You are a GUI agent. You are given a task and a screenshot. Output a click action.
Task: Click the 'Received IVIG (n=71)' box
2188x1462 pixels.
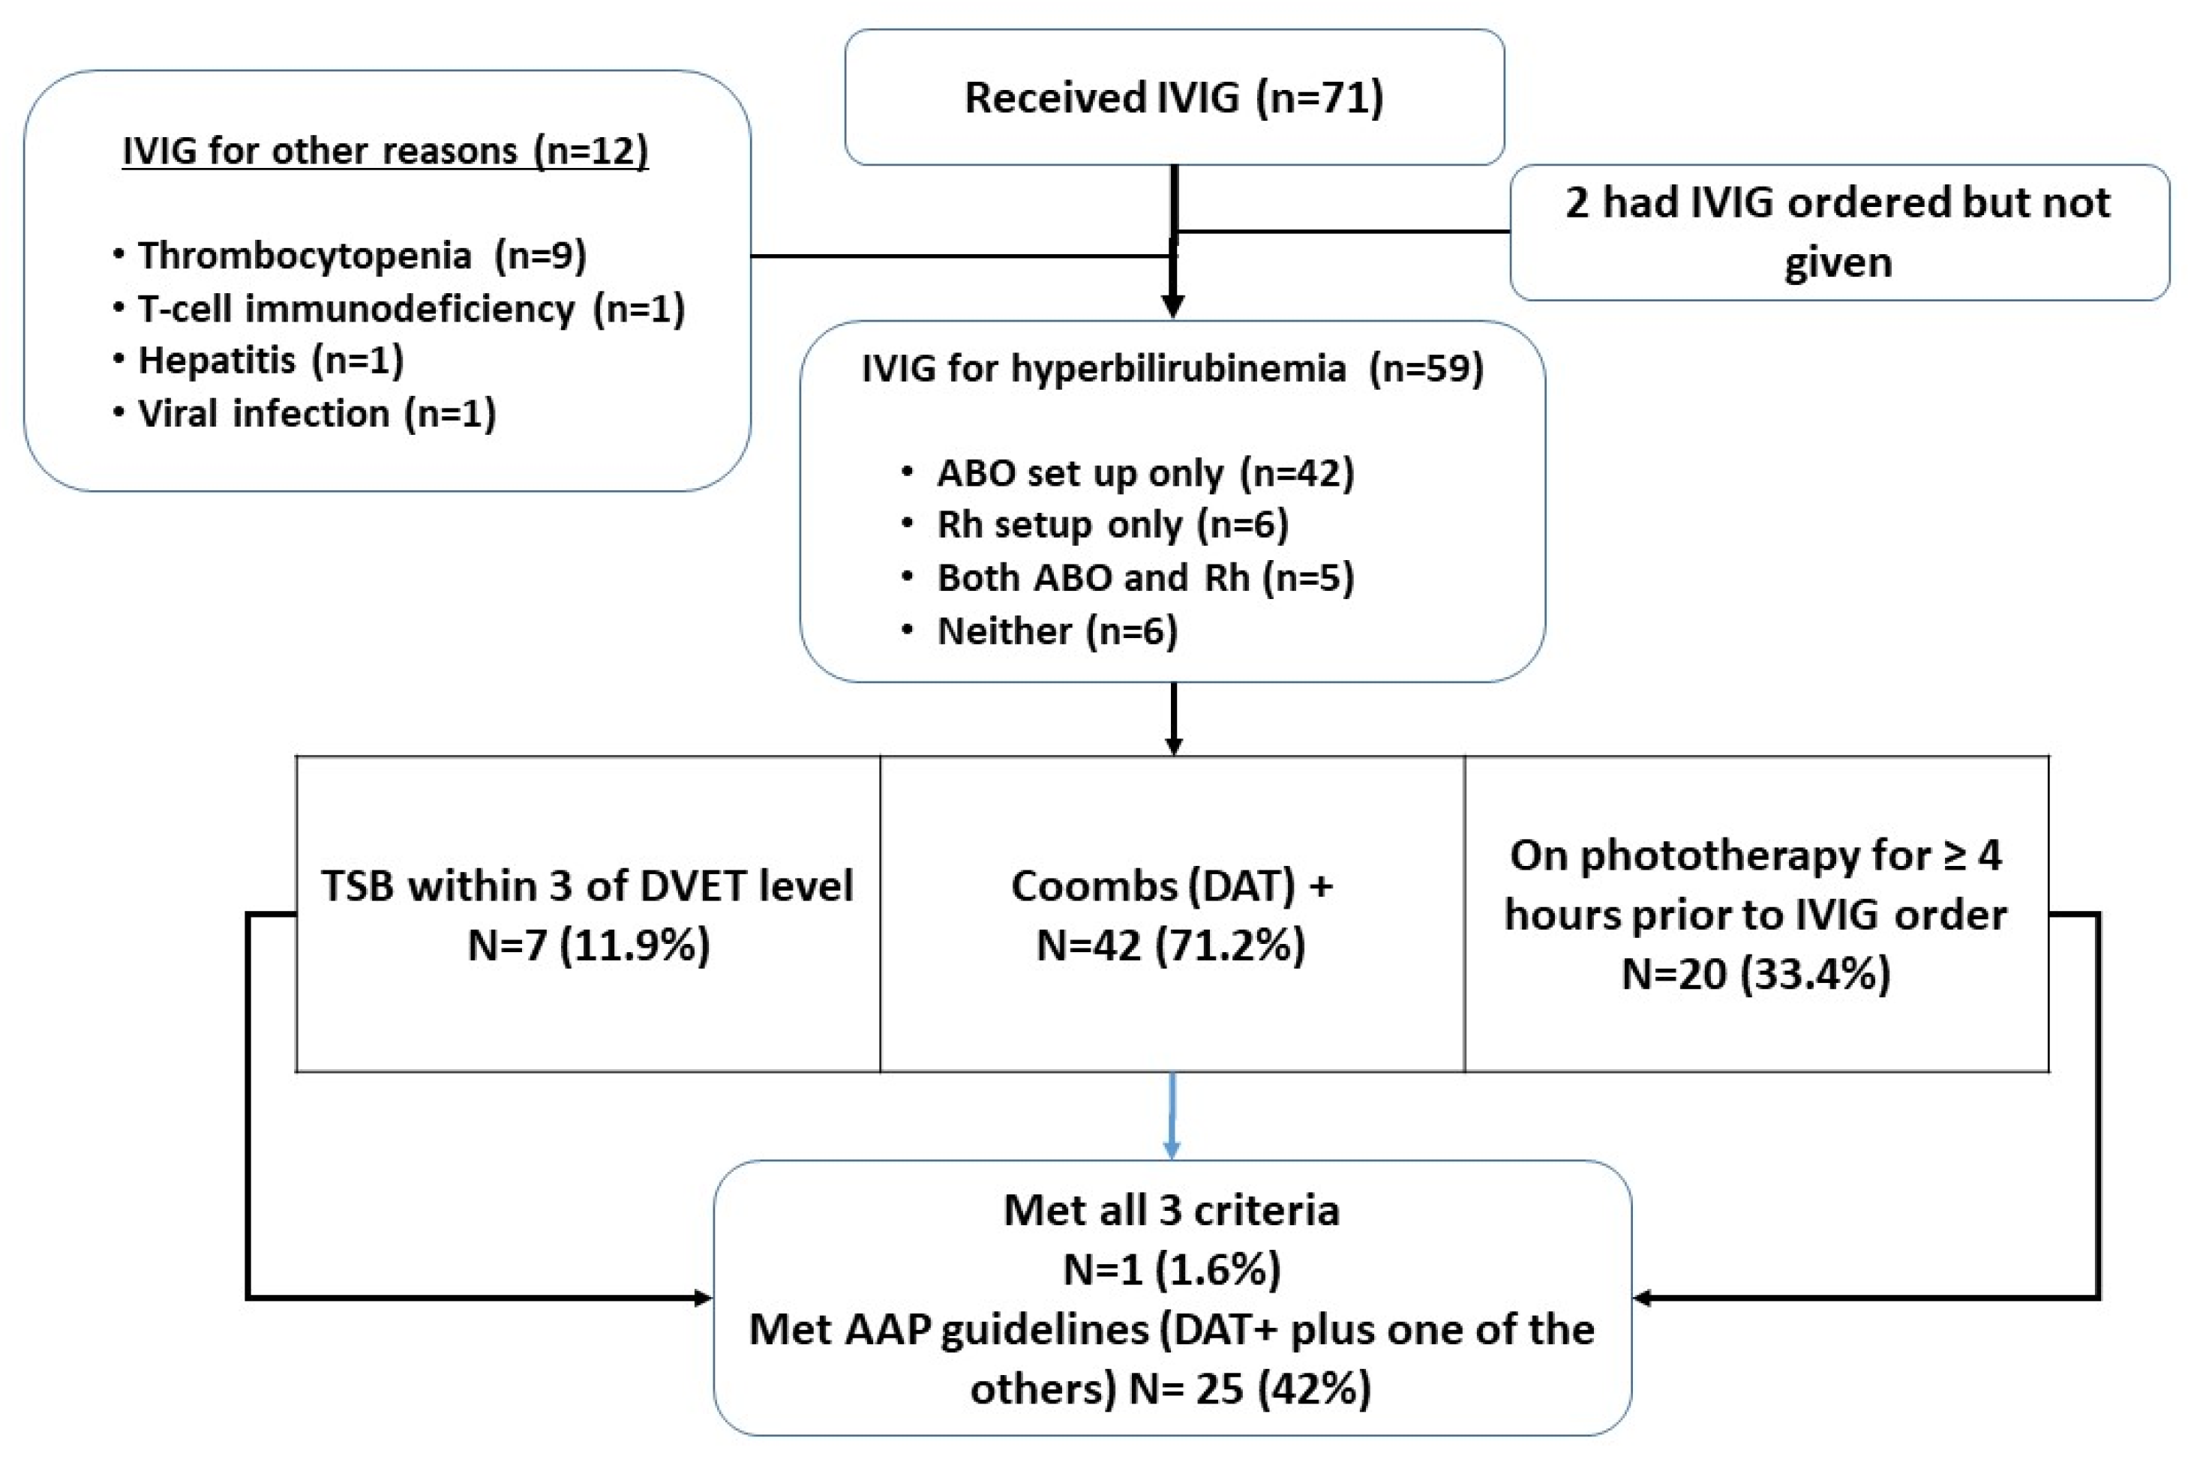click(x=1173, y=97)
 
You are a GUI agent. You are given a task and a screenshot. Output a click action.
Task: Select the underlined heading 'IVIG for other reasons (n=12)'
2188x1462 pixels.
click(x=386, y=150)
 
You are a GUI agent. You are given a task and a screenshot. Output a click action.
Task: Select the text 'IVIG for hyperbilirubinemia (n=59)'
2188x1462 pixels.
click(x=1172, y=368)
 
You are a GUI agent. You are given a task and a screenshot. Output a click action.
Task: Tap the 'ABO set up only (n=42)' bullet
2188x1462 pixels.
click(x=1145, y=473)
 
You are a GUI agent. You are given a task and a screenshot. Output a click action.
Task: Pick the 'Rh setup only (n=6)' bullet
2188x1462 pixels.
click(x=1112, y=525)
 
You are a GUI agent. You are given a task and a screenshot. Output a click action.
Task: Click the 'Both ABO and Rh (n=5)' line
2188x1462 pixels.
click(x=1145, y=578)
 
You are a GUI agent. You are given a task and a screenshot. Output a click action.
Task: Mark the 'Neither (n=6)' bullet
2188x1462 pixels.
click(x=1057, y=631)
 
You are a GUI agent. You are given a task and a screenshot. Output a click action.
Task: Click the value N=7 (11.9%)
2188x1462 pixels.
click(x=589, y=945)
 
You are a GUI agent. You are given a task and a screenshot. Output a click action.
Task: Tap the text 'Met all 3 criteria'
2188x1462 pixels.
click(x=1172, y=1210)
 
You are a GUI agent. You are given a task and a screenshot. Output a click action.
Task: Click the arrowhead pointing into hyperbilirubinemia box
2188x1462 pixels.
click(x=1173, y=306)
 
